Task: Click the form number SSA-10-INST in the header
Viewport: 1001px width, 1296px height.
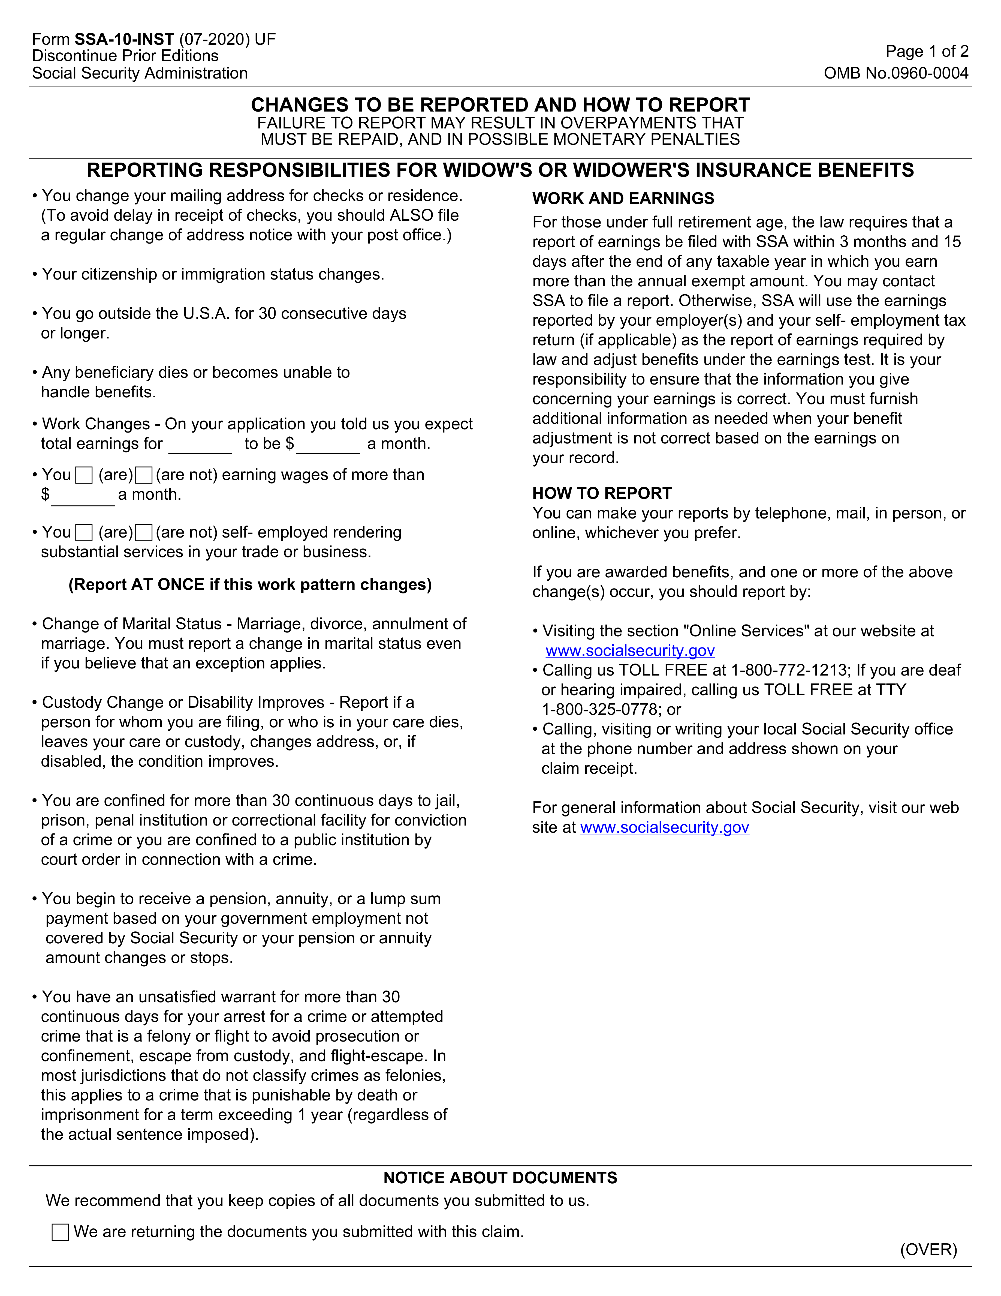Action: click(124, 39)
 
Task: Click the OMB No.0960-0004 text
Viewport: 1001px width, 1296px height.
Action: click(896, 73)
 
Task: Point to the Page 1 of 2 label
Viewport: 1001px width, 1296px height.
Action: click(926, 52)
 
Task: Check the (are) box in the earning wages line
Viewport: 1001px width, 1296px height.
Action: click(84, 475)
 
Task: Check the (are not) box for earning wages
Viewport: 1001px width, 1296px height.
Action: click(144, 475)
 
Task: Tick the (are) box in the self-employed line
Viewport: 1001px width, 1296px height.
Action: click(84, 533)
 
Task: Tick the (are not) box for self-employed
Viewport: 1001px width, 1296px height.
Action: click(144, 533)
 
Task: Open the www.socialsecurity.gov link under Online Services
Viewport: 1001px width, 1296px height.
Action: click(630, 651)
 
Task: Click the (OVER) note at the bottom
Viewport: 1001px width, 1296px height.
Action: click(928, 1250)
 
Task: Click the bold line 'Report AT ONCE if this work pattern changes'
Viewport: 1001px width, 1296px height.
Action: click(250, 585)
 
